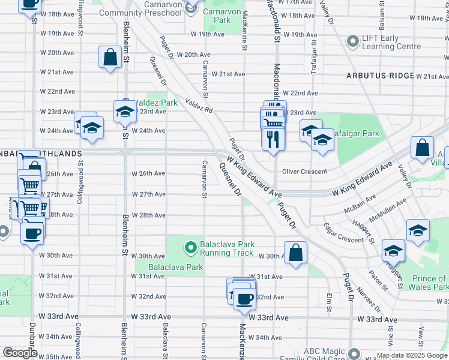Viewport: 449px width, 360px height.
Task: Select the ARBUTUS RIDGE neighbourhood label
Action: click(x=380, y=76)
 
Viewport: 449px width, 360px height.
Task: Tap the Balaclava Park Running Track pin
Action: click(x=191, y=247)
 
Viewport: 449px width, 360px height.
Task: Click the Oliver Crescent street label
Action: click(x=306, y=172)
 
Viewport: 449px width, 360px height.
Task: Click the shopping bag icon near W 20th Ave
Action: click(x=111, y=58)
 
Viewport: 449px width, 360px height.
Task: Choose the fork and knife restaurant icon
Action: click(x=273, y=139)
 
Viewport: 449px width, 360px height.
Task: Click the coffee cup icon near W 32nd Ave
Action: click(x=243, y=298)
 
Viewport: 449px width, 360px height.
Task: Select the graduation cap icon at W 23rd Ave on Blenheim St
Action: click(x=125, y=110)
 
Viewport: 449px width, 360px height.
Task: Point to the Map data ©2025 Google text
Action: click(x=412, y=355)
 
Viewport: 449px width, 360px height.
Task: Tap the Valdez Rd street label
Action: click(x=199, y=106)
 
